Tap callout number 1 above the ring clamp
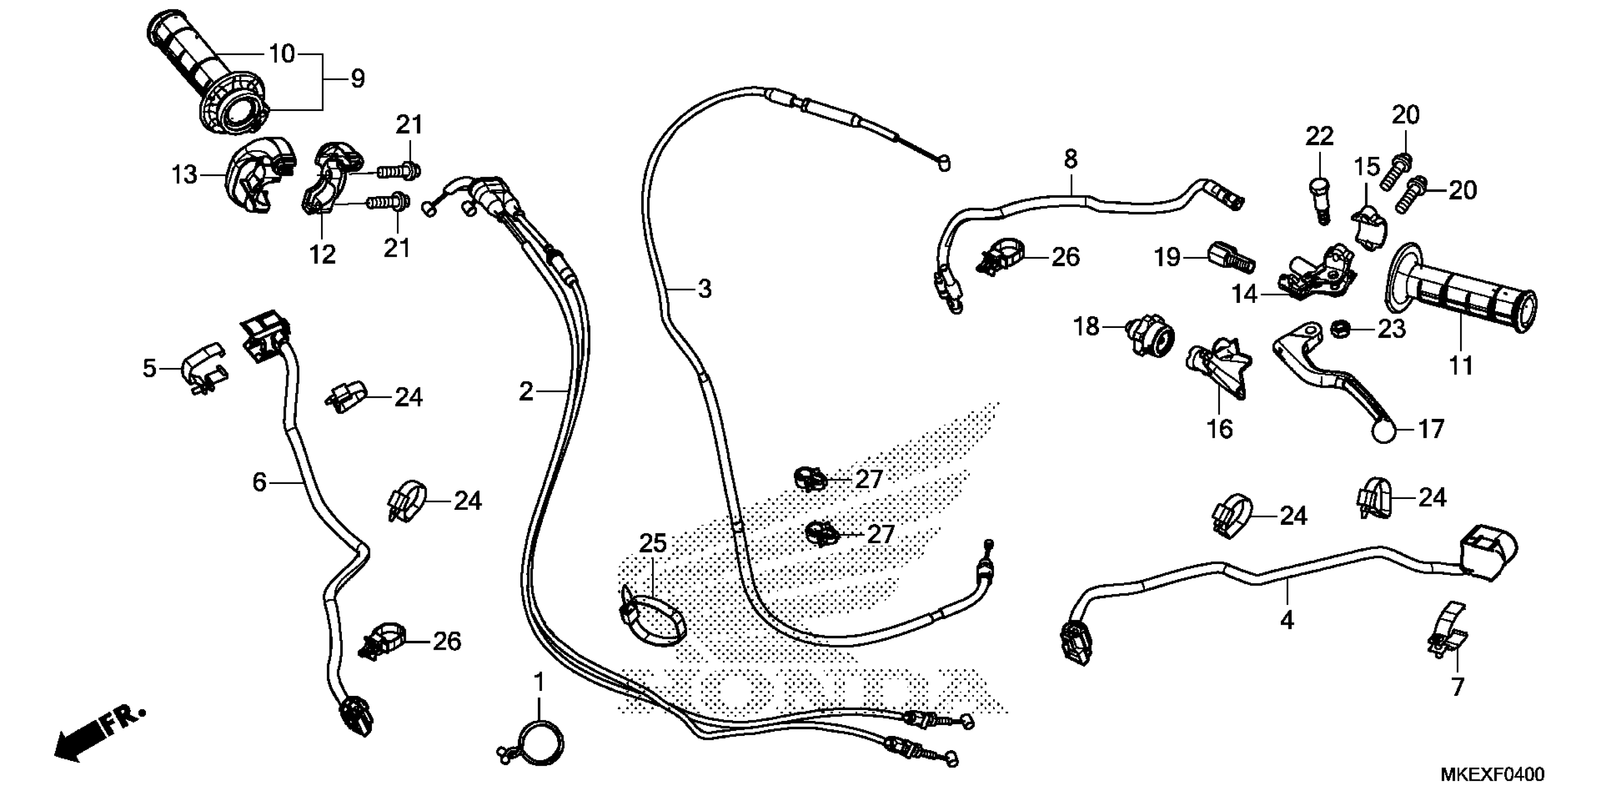point(539,682)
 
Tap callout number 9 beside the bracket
point(357,79)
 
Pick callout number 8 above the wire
point(1070,160)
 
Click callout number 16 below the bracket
point(1220,429)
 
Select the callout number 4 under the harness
point(1286,620)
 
